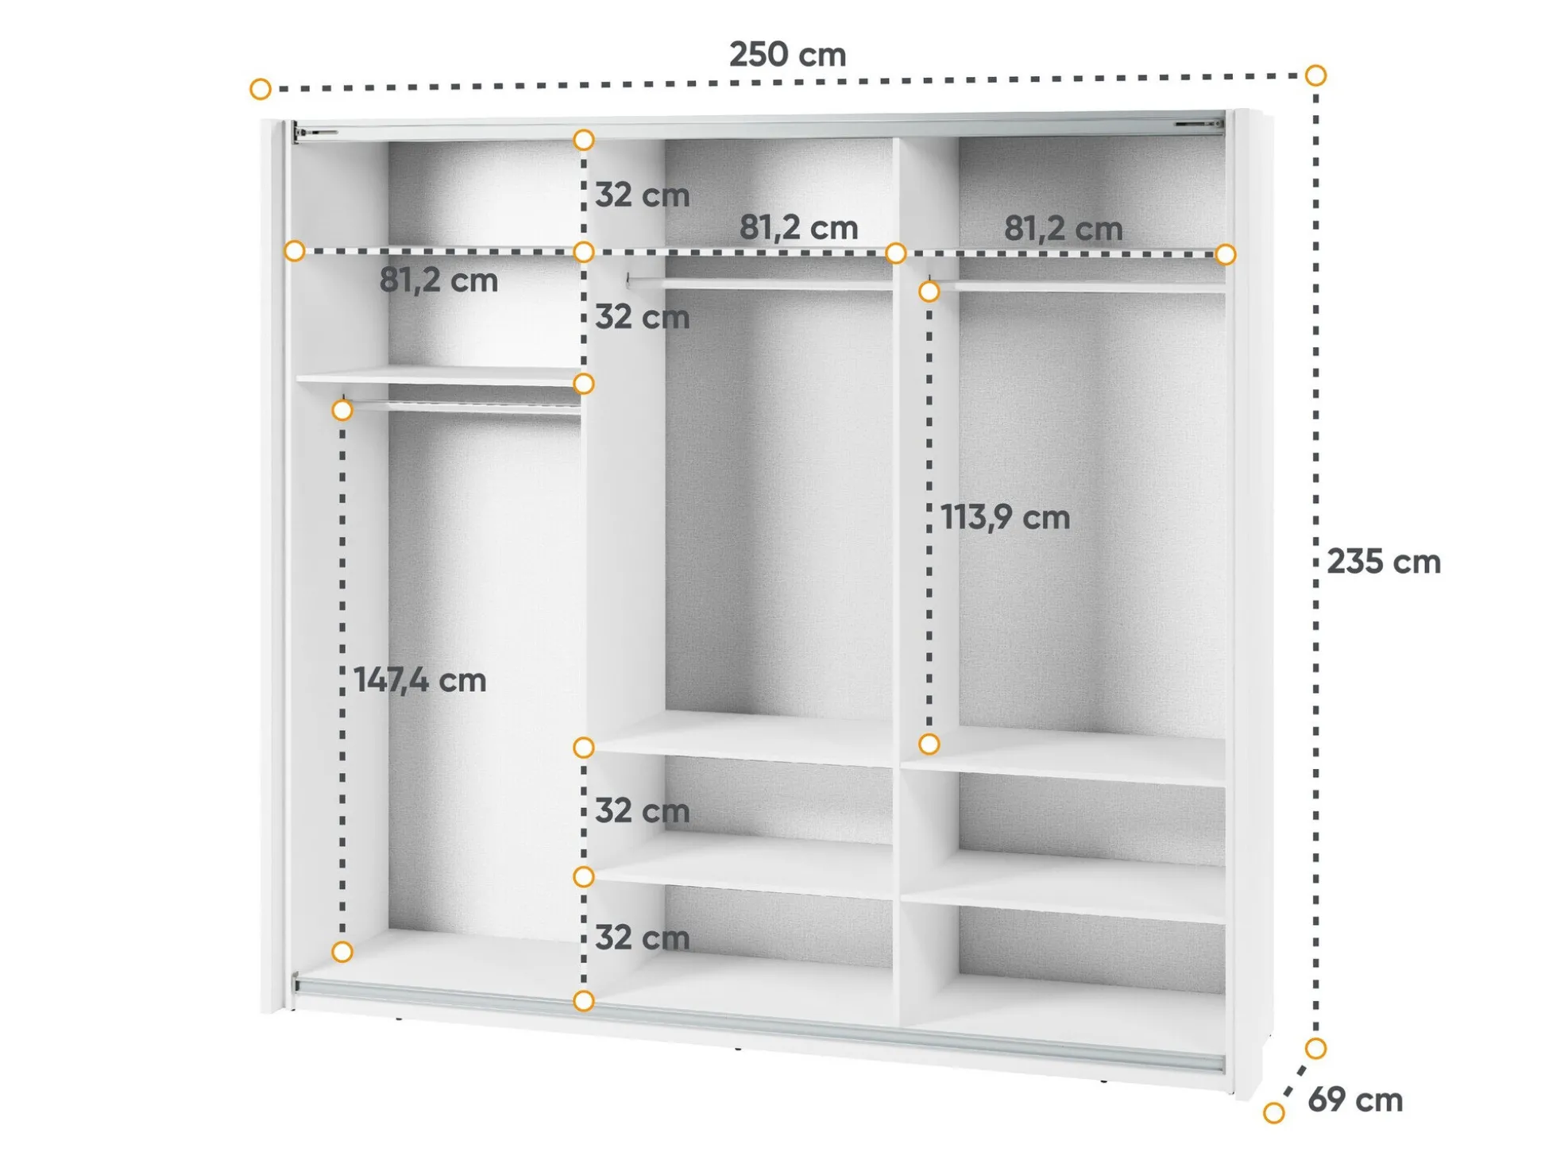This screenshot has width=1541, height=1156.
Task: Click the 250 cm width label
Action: (787, 55)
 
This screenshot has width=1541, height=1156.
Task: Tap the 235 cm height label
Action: (1384, 562)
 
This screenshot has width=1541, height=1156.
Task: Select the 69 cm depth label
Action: (1355, 1100)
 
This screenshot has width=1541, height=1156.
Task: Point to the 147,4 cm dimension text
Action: (419, 680)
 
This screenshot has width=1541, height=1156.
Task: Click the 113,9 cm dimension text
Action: (1005, 517)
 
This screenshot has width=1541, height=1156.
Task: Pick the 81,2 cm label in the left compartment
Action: (438, 280)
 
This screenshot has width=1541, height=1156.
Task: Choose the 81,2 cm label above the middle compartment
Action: (798, 228)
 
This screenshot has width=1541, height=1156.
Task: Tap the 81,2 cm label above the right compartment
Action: (1063, 229)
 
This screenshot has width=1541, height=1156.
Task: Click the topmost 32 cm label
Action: (642, 195)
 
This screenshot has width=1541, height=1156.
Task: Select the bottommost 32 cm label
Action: (642, 938)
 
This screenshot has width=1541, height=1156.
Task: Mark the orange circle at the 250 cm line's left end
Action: (261, 89)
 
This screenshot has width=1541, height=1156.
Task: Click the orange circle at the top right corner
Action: (1316, 75)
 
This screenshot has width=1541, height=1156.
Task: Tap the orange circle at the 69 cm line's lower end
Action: (1274, 1113)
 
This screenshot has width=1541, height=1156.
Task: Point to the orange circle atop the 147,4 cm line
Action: (342, 410)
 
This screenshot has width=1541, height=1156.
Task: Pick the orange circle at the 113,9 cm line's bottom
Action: (929, 744)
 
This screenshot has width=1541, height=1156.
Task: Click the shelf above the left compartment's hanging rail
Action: (438, 376)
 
